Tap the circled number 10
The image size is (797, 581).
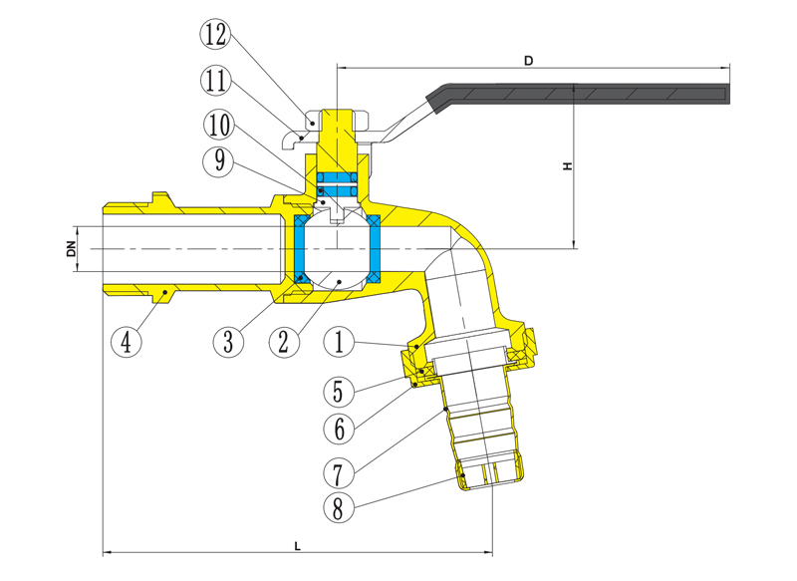click(x=221, y=125)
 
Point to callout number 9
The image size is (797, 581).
click(x=221, y=160)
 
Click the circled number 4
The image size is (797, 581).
click(x=126, y=342)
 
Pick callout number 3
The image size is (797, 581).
click(x=227, y=342)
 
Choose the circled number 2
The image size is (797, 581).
click(x=284, y=342)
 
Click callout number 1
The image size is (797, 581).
click(x=340, y=342)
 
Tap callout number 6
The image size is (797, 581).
click(x=340, y=429)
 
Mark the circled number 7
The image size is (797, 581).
click(x=340, y=467)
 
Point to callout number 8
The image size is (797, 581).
click(x=340, y=508)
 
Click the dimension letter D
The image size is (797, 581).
click(x=529, y=61)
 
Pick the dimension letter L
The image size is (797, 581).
click(x=297, y=544)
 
